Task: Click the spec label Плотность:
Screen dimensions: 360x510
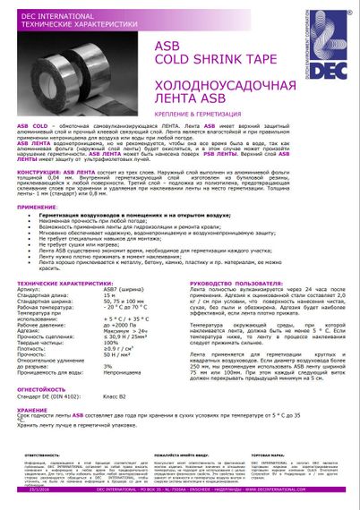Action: pyautogui.click(x=33, y=371)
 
